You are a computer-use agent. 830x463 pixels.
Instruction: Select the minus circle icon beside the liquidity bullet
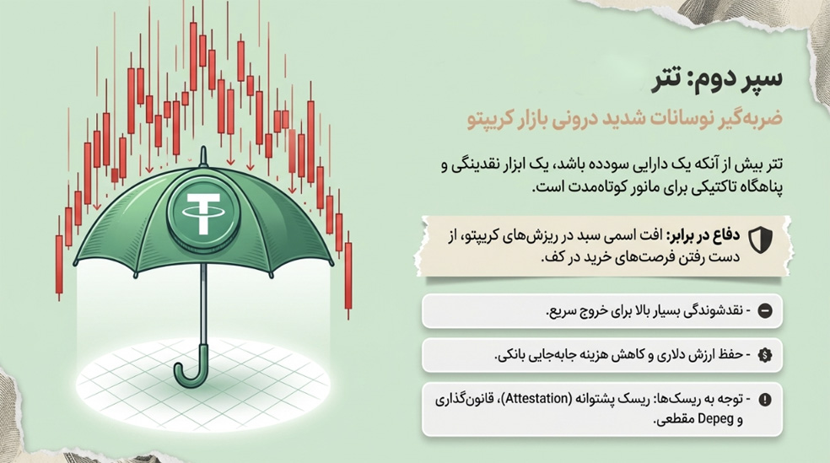[x=766, y=310]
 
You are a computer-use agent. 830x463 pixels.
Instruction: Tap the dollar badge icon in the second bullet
[x=766, y=354]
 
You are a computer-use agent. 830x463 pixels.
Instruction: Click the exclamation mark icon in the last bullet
[x=766, y=399]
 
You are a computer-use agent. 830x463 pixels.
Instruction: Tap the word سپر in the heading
[x=760, y=81]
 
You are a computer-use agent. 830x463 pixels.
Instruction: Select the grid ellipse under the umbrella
[x=203, y=375]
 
